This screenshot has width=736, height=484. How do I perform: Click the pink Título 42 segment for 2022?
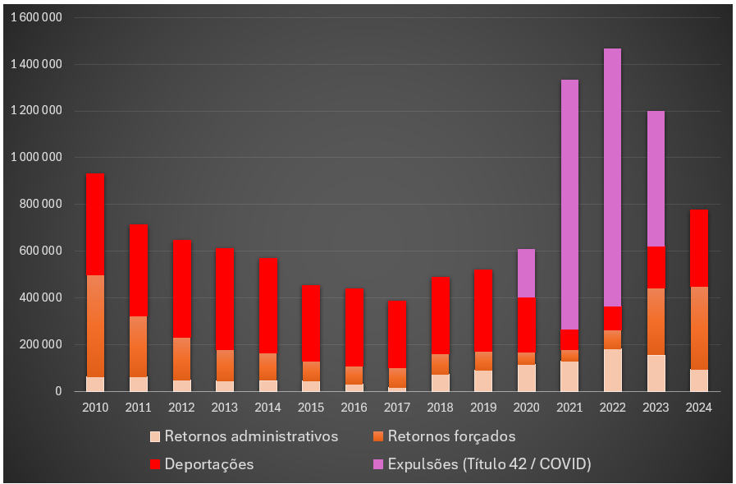point(612,177)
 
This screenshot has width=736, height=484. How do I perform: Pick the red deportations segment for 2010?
point(95,224)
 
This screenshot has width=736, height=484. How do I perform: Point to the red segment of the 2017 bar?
point(397,334)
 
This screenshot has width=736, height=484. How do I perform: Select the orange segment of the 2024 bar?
point(698,328)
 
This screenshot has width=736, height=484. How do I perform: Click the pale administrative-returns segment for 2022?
point(612,370)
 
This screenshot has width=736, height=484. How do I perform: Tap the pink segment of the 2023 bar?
point(656,178)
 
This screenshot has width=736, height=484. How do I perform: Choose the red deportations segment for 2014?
point(267,305)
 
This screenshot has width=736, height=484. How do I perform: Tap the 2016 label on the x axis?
point(354,407)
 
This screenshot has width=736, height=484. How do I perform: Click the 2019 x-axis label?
point(482,407)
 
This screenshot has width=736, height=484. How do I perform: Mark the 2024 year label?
point(698,407)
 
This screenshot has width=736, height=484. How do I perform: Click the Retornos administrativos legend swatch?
point(155,436)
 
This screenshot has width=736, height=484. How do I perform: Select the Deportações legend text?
point(209,464)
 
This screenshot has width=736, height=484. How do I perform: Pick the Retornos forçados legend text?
point(451,436)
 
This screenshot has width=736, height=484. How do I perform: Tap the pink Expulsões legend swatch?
point(378,464)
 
